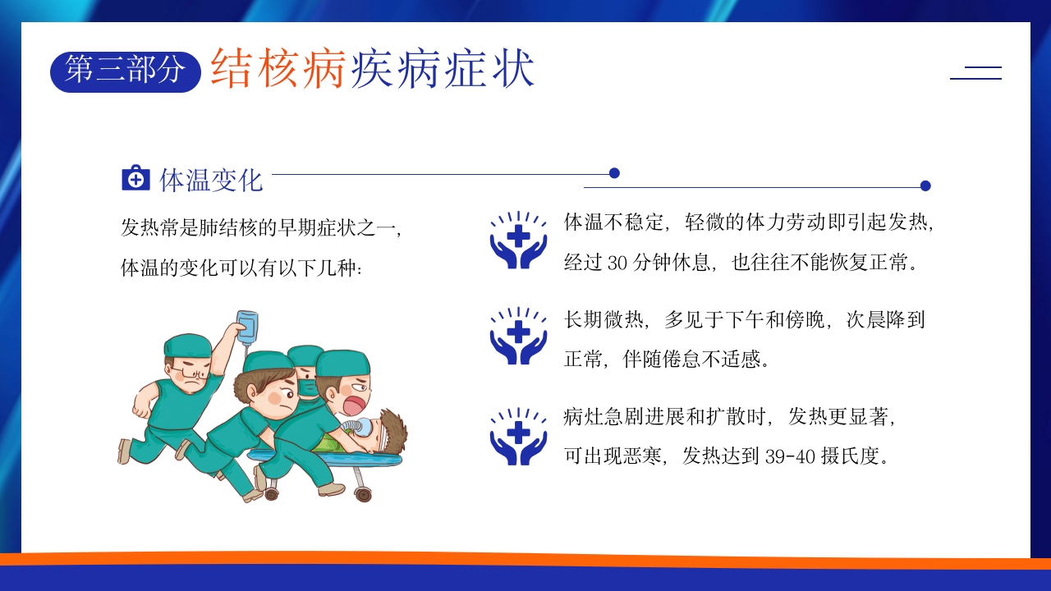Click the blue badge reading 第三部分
126,71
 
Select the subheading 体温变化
211,180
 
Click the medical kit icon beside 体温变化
135,178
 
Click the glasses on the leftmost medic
190,374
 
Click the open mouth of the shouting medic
355,406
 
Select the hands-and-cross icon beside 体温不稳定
518,241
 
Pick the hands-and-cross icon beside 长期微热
518,336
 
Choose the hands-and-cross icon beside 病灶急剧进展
518,436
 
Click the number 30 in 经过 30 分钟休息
617,263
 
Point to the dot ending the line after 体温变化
614,173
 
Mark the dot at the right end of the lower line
925,186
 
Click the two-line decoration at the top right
975,73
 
